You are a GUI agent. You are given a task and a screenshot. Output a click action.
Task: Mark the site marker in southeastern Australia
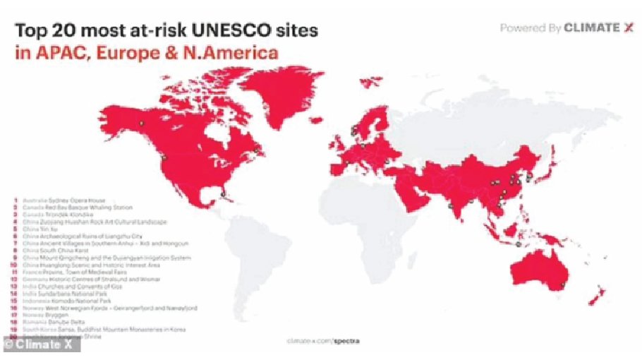(563, 284)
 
